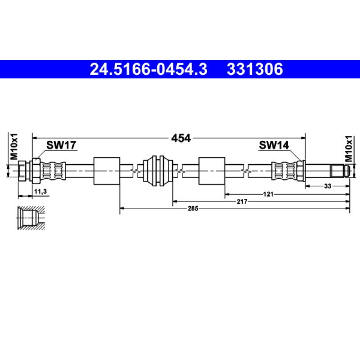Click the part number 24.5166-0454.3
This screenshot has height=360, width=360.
point(148,69)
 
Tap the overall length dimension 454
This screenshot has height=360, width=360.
point(180,138)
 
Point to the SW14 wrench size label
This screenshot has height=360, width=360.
point(274,145)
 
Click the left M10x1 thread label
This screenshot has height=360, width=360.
point(13,146)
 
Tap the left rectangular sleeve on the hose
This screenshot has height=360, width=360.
point(106,171)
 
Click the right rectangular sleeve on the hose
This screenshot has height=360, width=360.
point(211,171)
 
